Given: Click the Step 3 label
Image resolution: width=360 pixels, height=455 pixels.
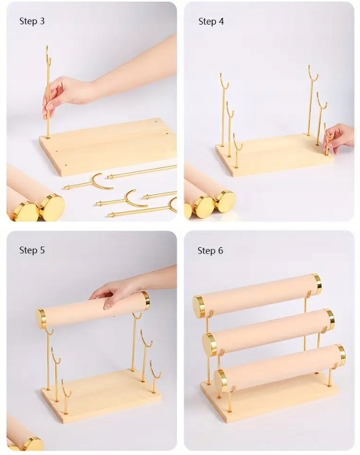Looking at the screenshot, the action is click(x=32, y=21).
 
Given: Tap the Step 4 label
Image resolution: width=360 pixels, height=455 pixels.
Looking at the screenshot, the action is click(x=211, y=21).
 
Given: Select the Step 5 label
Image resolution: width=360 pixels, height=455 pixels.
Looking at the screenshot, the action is click(x=32, y=250).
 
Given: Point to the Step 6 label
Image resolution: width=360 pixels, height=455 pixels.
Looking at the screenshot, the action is click(x=211, y=250).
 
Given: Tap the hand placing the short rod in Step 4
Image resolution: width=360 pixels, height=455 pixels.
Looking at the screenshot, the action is click(x=339, y=138).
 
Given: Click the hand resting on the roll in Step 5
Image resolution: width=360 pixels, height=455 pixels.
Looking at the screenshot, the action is click(x=116, y=294).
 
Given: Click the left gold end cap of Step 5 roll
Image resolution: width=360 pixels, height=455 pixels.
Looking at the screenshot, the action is click(x=41, y=319).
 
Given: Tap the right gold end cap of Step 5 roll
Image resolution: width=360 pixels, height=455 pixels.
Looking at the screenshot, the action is click(x=146, y=300).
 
